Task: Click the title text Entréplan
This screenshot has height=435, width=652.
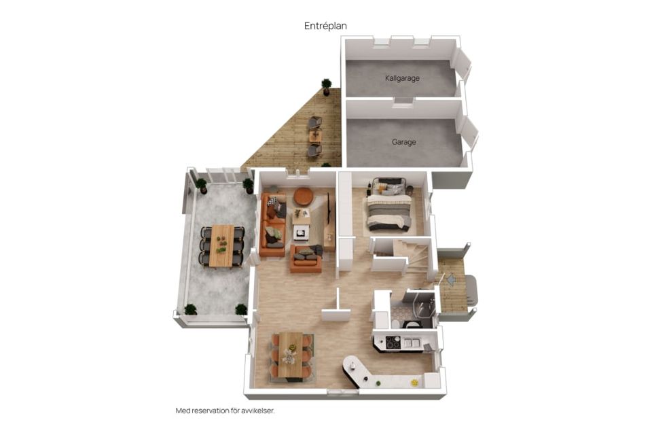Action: (325, 26)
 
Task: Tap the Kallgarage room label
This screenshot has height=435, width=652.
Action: (402, 78)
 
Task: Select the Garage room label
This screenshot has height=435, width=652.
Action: (403, 142)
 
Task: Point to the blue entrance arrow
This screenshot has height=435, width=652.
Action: (450, 279)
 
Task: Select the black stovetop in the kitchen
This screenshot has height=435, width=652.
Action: (393, 343)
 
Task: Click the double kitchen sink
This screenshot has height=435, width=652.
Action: (410, 343)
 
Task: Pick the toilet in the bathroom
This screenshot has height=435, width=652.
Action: (395, 324)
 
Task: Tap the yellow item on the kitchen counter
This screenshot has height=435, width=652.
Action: (414, 383)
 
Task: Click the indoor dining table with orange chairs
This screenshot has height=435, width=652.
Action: (291, 356)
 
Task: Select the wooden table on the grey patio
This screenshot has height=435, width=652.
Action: (222, 245)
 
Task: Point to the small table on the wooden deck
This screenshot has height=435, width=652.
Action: (315, 136)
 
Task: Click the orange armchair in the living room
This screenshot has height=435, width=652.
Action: (306, 258)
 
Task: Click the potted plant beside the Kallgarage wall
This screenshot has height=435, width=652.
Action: (327, 86)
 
